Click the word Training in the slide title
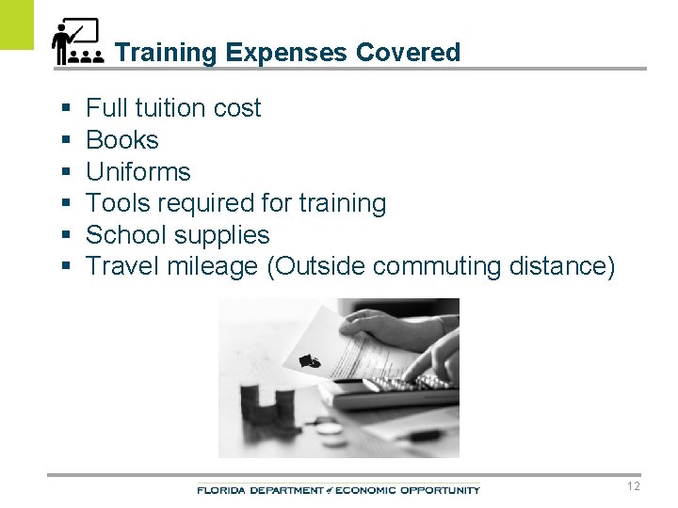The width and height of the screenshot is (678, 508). [166, 54]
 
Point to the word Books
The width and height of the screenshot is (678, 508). [121, 140]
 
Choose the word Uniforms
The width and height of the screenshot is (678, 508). [137, 172]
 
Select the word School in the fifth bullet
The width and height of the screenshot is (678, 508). [123, 235]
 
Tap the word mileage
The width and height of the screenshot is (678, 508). [212, 267]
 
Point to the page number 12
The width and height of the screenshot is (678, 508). [634, 486]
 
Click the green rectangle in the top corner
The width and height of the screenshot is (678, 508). [16, 24]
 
